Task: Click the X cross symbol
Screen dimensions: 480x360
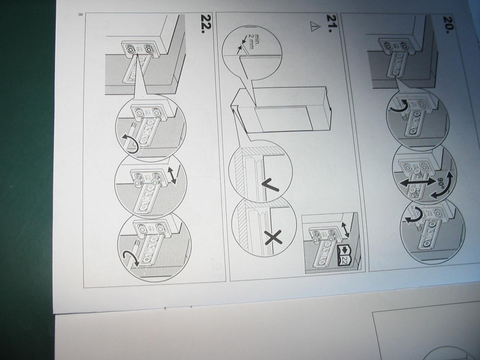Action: click(273, 238)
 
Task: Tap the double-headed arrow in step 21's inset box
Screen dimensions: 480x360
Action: click(345, 230)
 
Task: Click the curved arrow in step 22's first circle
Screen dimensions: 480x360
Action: click(130, 143)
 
